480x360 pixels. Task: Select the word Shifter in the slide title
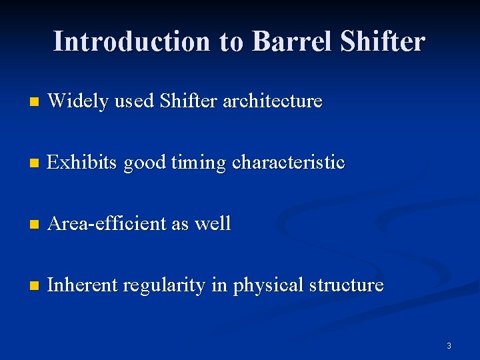pos(382,41)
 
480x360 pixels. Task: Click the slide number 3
pos(449,345)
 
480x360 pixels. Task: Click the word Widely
pos(79,101)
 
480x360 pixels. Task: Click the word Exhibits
pos(83,162)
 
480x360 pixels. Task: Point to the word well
pos(213,223)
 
